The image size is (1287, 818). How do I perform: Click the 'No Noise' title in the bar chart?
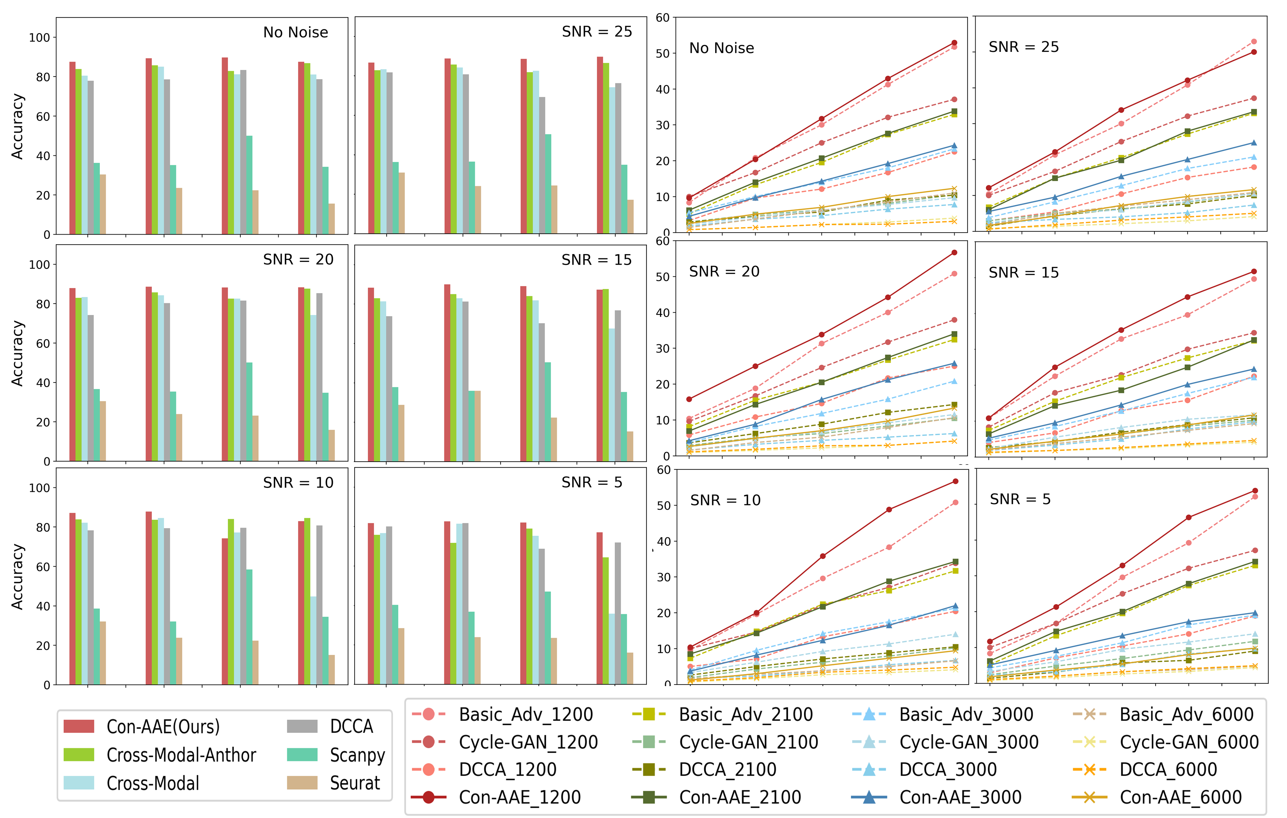coord(296,33)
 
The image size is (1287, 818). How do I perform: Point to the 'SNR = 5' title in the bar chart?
coord(592,483)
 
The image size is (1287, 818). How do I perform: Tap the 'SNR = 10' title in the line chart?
coord(725,500)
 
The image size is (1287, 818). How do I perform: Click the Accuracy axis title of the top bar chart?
coord(18,127)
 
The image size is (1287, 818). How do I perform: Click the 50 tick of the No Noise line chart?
coord(663,53)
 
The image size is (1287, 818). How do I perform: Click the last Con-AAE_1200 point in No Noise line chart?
coord(955,43)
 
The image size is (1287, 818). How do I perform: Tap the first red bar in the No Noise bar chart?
coord(73,148)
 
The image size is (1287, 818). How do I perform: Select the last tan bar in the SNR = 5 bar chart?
coord(630,668)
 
